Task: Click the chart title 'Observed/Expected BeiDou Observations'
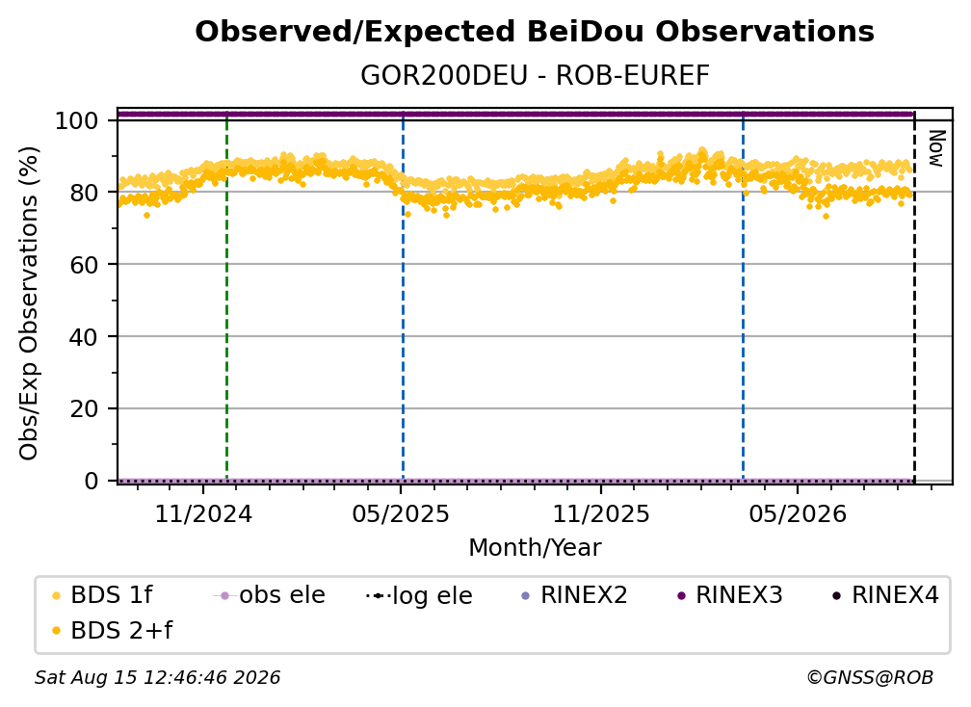(x=535, y=32)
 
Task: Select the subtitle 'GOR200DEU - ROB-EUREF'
(x=535, y=76)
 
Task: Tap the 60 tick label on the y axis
(x=84, y=265)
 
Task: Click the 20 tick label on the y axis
(x=84, y=409)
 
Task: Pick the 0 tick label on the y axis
(x=92, y=481)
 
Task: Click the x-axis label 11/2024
(x=203, y=513)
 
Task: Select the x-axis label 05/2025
(x=401, y=513)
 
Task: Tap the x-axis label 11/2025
(x=601, y=513)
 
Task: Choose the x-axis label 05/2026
(x=798, y=513)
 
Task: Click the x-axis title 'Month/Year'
(x=535, y=548)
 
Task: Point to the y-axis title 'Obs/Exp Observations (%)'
(x=29, y=303)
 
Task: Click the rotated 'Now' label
(x=935, y=148)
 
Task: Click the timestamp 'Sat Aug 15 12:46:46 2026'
(x=157, y=677)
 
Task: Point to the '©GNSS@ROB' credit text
(x=870, y=677)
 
